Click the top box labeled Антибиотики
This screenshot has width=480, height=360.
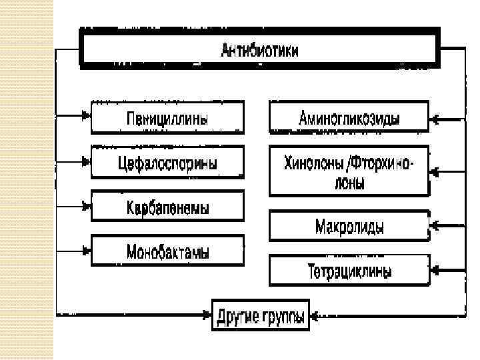coord(260,49)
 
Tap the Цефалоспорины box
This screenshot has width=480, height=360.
coord(167,162)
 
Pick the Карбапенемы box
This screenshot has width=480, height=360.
coord(167,207)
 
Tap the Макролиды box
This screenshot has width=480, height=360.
coord(349,227)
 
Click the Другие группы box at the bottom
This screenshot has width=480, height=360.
coord(261,313)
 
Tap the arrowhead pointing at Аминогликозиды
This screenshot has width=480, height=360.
coord(435,120)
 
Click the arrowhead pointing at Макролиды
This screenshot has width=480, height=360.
coord(435,223)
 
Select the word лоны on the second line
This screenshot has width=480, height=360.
coord(348,184)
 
